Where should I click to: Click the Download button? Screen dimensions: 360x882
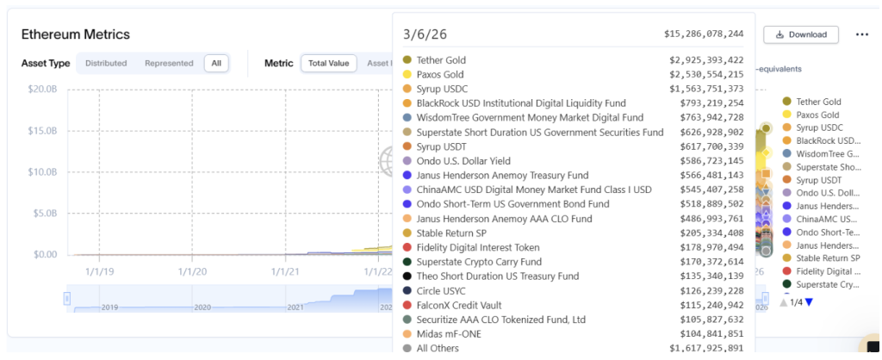pyautogui.click(x=801, y=34)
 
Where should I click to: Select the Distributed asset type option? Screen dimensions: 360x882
pyautogui.click(x=106, y=63)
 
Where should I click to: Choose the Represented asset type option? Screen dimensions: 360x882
pyautogui.click(x=169, y=63)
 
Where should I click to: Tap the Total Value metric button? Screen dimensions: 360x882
pyautogui.click(x=328, y=63)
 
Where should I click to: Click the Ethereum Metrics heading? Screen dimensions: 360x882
pyautogui.click(x=76, y=34)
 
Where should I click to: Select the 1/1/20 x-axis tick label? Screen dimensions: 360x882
pyautogui.click(x=192, y=271)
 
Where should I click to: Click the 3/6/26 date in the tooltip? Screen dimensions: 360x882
pyautogui.click(x=425, y=34)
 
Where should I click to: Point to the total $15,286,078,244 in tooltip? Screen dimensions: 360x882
pyautogui.click(x=704, y=34)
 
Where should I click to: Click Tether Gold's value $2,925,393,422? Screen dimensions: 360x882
pyautogui.click(x=706, y=60)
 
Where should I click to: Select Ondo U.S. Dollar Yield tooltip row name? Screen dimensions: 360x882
pyautogui.click(x=463, y=160)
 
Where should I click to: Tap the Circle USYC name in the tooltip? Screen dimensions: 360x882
pyautogui.click(x=442, y=290)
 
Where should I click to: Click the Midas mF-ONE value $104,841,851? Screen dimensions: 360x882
pyautogui.click(x=706, y=333)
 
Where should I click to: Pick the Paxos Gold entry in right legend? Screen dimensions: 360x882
pyautogui.click(x=817, y=115)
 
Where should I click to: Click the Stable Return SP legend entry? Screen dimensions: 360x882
pyautogui.click(x=828, y=258)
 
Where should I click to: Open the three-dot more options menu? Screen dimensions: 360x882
pyautogui.click(x=861, y=34)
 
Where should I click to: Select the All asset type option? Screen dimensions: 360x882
pyautogui.click(x=216, y=63)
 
